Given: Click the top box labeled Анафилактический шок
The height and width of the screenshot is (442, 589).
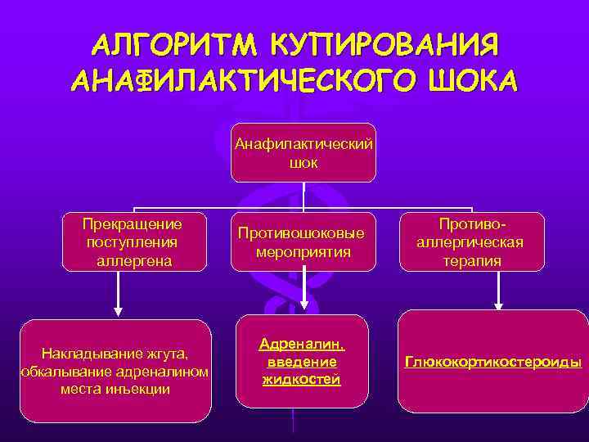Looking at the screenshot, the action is tap(303, 153).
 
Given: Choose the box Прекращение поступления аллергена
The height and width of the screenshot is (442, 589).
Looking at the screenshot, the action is tap(133, 242).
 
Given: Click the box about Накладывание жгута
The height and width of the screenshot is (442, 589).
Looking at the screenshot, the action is tap(115, 371).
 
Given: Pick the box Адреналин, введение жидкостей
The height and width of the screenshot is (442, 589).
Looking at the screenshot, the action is tap(302, 361).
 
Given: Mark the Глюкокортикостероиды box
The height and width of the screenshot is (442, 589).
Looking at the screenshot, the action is tap(492, 361).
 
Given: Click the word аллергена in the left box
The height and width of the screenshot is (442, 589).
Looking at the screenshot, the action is tap(133, 260).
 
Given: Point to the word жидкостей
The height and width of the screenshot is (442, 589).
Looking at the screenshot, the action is tap(302, 379).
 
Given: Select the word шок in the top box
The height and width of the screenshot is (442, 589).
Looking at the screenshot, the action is tap(303, 163).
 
